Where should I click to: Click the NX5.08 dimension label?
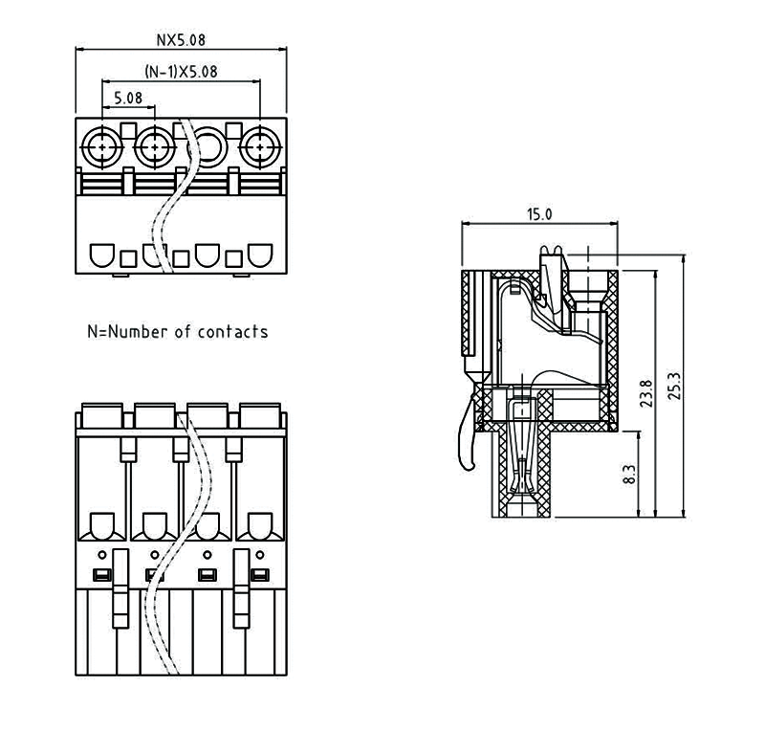coord(181,40)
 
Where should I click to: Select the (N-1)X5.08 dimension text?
coord(181,72)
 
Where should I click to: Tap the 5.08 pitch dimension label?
coord(128,98)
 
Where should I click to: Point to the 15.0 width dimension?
coord(539,214)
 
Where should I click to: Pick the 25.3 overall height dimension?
coord(676,388)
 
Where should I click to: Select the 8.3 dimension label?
coord(629,473)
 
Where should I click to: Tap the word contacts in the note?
coord(232,332)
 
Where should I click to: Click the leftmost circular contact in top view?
coord(101,147)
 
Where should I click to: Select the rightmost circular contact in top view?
coord(257,147)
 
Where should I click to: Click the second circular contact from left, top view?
coord(153,147)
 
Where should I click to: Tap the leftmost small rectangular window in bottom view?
coord(99,575)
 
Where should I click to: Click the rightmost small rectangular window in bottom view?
coord(257,575)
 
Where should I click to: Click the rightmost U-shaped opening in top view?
coord(258,255)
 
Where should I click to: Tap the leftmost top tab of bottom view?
coord(100,415)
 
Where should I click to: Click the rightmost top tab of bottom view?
coord(257,415)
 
